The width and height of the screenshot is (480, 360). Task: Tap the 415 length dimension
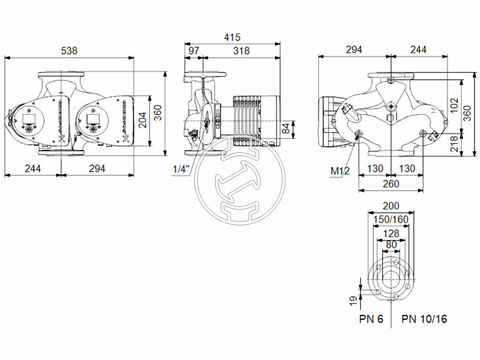tap(232, 37)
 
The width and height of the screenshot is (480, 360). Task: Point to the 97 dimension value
tap(194, 51)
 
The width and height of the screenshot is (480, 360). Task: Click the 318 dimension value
tap(241, 51)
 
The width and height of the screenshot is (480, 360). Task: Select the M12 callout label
tap(340, 172)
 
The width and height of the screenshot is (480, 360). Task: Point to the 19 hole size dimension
tap(353, 298)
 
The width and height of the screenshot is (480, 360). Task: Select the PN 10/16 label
tap(424, 319)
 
